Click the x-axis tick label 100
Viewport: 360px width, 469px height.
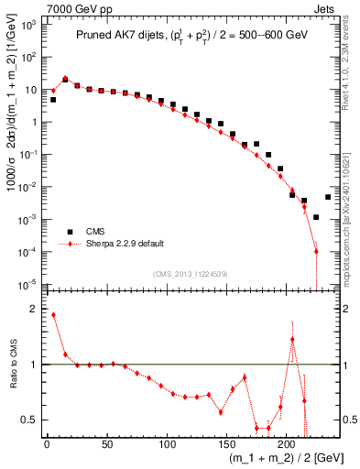[167, 444]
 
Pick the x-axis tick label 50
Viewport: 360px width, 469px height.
[106, 444]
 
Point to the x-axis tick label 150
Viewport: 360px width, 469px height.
[226, 444]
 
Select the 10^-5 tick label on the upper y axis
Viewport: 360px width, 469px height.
[27, 283]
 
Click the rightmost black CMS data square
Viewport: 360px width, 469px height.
[328, 196]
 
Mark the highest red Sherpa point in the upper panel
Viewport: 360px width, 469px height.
[65, 80]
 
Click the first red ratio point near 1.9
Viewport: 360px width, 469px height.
[53, 315]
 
